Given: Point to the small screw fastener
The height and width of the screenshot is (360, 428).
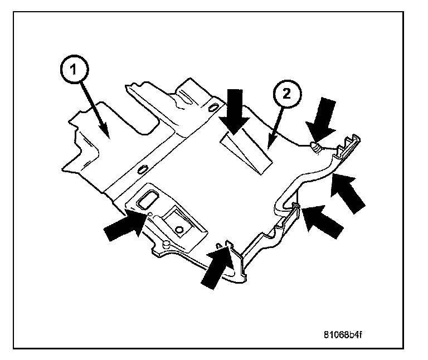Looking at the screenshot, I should pyautogui.click(x=316, y=148).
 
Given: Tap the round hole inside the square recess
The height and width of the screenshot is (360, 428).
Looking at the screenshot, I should pyautogui.click(x=179, y=229).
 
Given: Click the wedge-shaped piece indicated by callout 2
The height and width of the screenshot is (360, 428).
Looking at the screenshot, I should pyautogui.click(x=245, y=153).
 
